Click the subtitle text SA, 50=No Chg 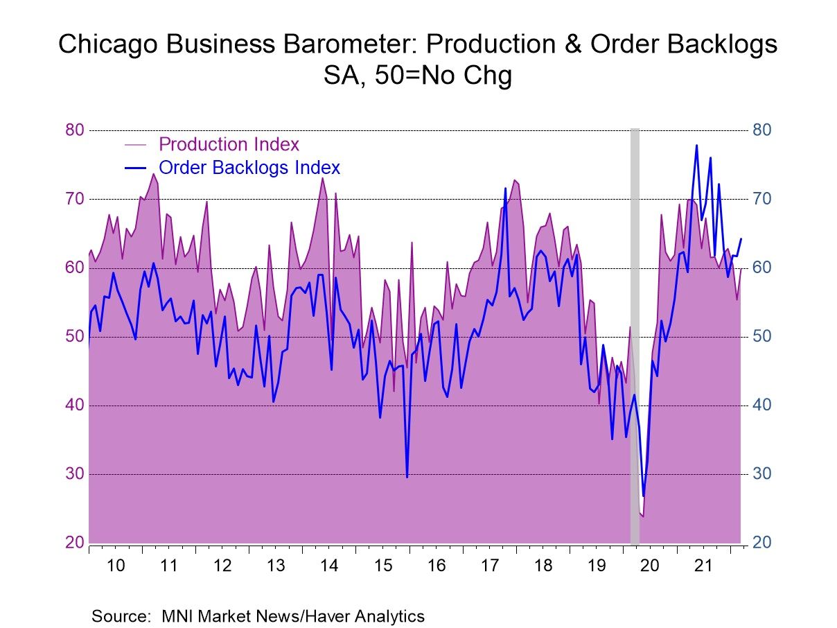point(418,76)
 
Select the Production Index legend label point(229,144)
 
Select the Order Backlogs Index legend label point(249,168)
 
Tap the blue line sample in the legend point(136,168)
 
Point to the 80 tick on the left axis point(74,130)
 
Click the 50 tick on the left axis point(74,337)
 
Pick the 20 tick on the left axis point(74,543)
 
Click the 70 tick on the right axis point(761,200)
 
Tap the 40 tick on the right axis point(761,405)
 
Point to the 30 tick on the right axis point(761,474)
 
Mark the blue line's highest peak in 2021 point(696,146)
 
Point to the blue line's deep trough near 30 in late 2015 point(407,476)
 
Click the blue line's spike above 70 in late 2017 point(506,189)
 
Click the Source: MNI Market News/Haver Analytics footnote point(258,616)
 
